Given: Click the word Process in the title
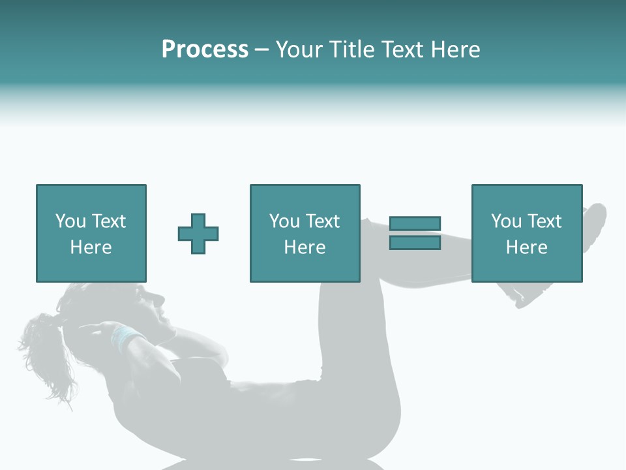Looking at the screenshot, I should (x=205, y=50).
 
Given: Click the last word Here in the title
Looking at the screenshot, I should (x=455, y=50).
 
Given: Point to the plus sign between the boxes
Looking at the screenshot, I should (x=198, y=233).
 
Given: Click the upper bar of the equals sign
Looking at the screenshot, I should (x=415, y=224).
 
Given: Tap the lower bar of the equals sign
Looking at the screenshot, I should (x=415, y=242).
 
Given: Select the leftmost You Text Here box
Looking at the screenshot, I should (x=91, y=233).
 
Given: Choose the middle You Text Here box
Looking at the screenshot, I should (x=305, y=233).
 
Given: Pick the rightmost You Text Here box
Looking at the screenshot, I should (x=526, y=233).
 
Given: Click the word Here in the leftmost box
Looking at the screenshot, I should (x=91, y=247).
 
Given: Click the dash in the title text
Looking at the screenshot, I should (x=261, y=50).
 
